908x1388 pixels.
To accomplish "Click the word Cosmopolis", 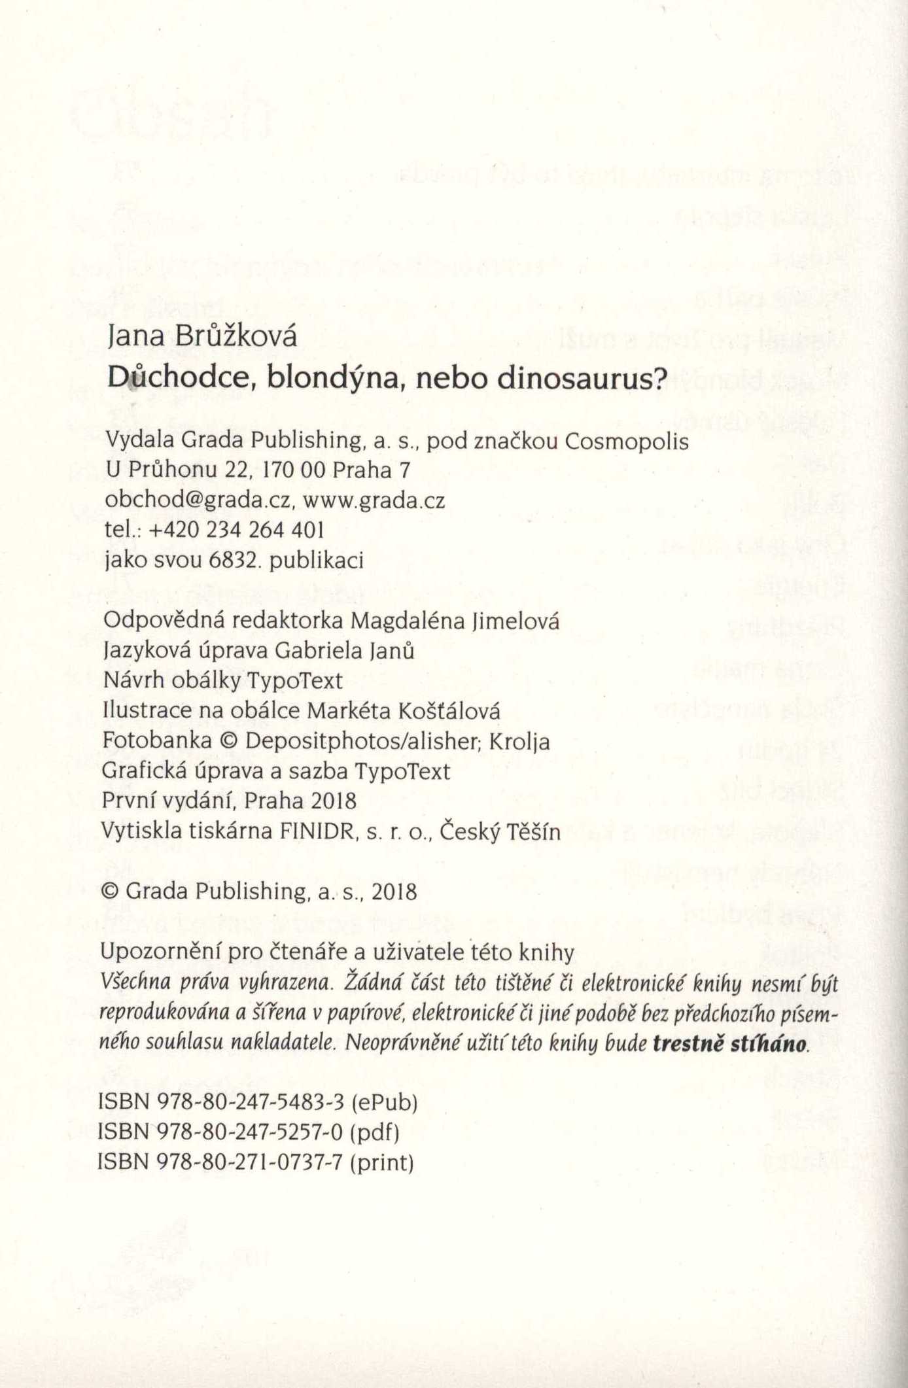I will tap(626, 442).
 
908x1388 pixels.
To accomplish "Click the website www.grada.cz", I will tap(374, 500).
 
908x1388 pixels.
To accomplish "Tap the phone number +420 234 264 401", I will tap(237, 530).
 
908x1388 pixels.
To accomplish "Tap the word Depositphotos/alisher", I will tap(363, 741).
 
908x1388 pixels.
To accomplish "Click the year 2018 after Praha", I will tap(334, 801).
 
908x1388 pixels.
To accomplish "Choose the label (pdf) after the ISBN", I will tap(375, 1132).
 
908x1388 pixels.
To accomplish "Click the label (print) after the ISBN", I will tap(382, 1162).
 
